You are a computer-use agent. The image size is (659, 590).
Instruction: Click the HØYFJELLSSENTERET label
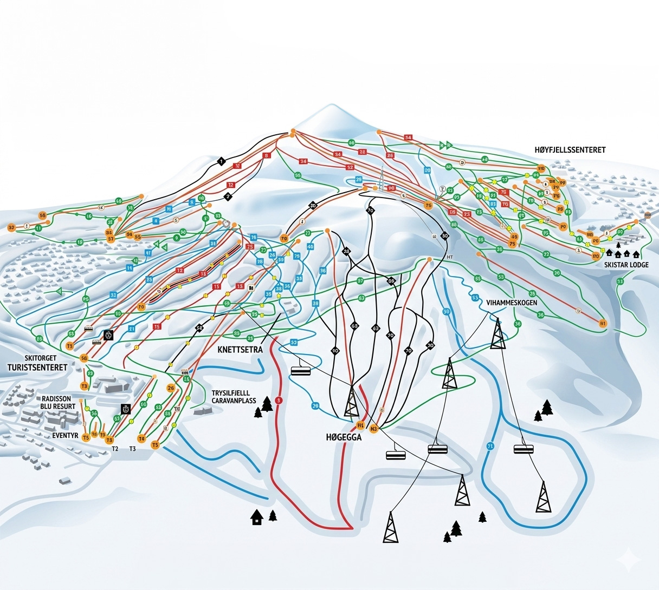click(x=570, y=150)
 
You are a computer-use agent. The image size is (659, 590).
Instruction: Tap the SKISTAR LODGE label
click(x=626, y=265)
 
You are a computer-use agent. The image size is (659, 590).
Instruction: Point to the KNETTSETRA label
click(x=240, y=350)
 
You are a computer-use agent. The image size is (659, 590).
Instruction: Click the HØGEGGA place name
click(x=344, y=438)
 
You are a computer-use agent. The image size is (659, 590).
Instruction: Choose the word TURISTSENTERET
click(x=37, y=368)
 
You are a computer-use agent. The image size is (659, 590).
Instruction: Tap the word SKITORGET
click(x=41, y=358)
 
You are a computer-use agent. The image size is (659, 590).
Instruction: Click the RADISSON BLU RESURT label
click(x=56, y=402)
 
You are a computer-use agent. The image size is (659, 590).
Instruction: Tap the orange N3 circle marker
click(x=373, y=429)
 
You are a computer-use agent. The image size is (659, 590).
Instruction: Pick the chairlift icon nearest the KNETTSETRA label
click(x=300, y=371)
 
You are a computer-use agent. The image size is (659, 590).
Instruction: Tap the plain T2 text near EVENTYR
click(x=115, y=449)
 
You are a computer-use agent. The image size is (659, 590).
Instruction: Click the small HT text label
click(x=450, y=257)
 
